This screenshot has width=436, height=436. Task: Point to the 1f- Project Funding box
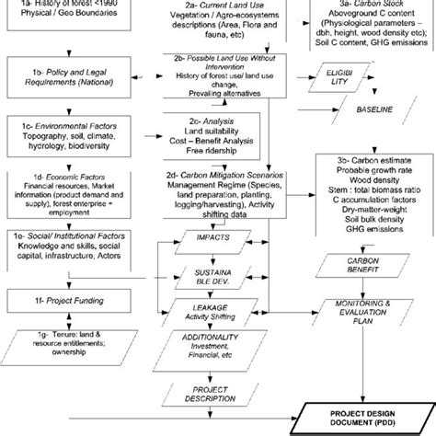(58, 300)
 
